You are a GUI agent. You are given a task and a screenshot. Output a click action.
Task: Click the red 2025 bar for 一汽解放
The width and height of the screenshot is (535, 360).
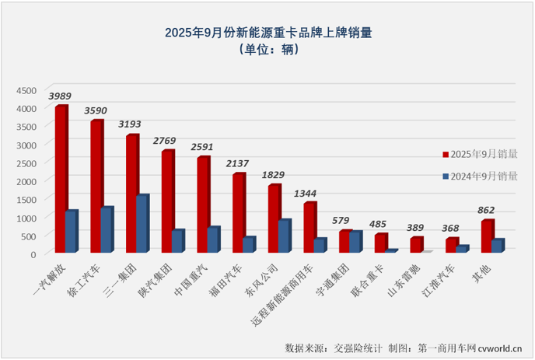pos(61,179)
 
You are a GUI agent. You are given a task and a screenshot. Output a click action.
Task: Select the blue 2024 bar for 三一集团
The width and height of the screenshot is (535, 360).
pos(141,224)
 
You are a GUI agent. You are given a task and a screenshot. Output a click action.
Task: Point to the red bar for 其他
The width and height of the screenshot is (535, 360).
pos(487,236)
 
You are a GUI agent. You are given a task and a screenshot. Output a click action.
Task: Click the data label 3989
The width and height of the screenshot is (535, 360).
pos(61,96)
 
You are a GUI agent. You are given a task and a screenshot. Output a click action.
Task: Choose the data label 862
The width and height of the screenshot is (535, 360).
pos(487,210)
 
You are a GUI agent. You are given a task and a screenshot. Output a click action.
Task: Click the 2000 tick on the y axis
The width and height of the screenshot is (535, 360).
pos(26,180)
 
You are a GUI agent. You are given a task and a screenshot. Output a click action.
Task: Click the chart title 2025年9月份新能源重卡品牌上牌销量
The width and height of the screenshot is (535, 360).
pos(268,33)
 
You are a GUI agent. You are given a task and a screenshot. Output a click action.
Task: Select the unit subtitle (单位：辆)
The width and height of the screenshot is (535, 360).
pos(268,50)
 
